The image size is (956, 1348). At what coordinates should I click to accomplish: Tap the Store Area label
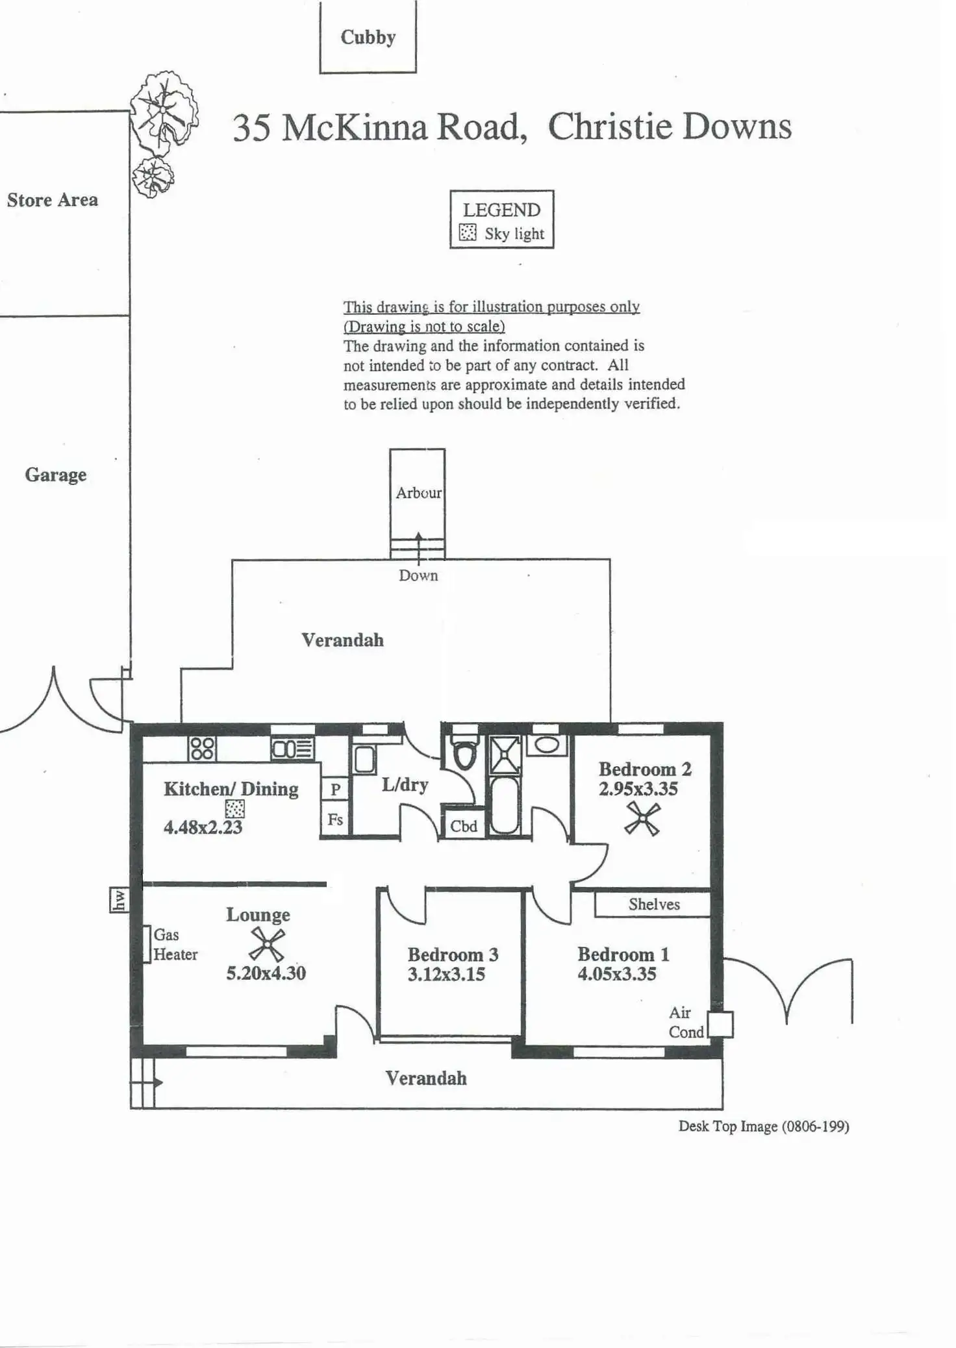[x=53, y=200]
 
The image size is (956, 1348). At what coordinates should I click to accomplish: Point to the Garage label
[x=56, y=475]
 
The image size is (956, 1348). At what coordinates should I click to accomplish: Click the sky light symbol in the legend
[x=468, y=232]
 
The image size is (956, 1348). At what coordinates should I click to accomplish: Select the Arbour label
[x=418, y=493]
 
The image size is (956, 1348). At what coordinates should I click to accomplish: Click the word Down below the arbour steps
[x=418, y=575]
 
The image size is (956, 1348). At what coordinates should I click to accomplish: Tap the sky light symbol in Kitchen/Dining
[x=234, y=809]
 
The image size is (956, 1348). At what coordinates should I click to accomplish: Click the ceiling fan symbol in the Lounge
[x=267, y=945]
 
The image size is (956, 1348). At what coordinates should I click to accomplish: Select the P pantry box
[x=335, y=790]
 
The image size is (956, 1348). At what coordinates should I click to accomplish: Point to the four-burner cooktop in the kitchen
[x=202, y=749]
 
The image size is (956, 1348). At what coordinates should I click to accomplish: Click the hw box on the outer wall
[x=119, y=900]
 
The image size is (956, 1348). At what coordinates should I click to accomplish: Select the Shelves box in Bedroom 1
[x=653, y=905]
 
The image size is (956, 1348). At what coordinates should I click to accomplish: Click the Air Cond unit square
[x=720, y=1025]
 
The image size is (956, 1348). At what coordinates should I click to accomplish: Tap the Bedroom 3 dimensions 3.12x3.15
[x=446, y=974]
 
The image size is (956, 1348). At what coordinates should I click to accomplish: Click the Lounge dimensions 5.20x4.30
[x=266, y=973]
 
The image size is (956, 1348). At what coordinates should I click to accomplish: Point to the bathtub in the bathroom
[x=505, y=805]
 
